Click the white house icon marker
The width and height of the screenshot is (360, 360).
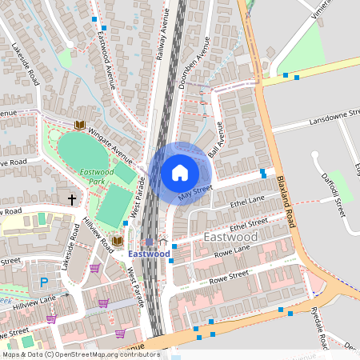point(180,173)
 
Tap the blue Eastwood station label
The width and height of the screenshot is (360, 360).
point(149,254)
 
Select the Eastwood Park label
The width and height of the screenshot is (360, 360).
point(98,176)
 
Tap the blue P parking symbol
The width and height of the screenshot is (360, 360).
point(44,282)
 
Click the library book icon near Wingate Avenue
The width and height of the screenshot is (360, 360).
point(79,125)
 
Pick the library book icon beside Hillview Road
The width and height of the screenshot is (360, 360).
point(117,240)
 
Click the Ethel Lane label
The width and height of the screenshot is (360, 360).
point(246,201)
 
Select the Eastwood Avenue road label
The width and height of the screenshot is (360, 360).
point(106,57)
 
